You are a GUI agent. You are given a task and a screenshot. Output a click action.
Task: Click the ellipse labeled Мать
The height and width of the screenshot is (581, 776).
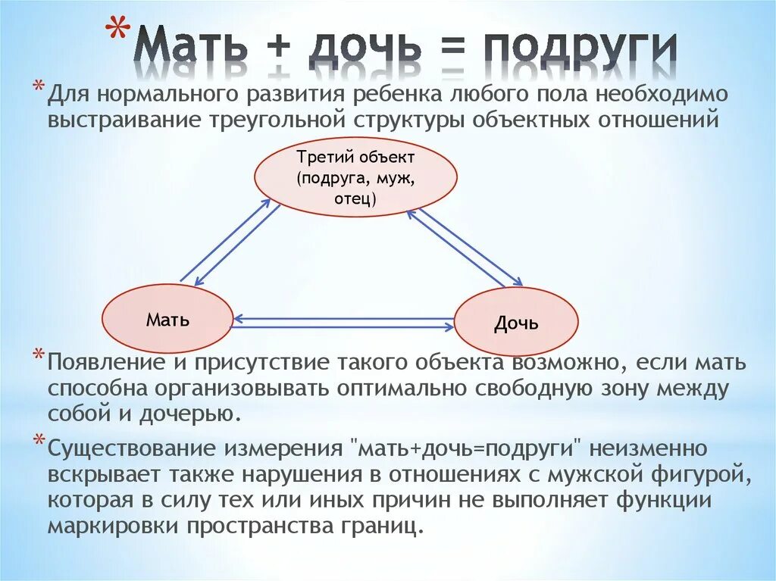click(167, 320)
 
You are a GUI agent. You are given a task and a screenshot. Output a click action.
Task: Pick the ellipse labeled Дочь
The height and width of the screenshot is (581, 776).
click(516, 323)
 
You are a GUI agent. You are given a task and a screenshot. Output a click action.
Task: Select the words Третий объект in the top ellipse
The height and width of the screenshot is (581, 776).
click(355, 158)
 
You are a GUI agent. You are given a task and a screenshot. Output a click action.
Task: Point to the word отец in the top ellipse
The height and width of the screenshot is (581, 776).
click(352, 198)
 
